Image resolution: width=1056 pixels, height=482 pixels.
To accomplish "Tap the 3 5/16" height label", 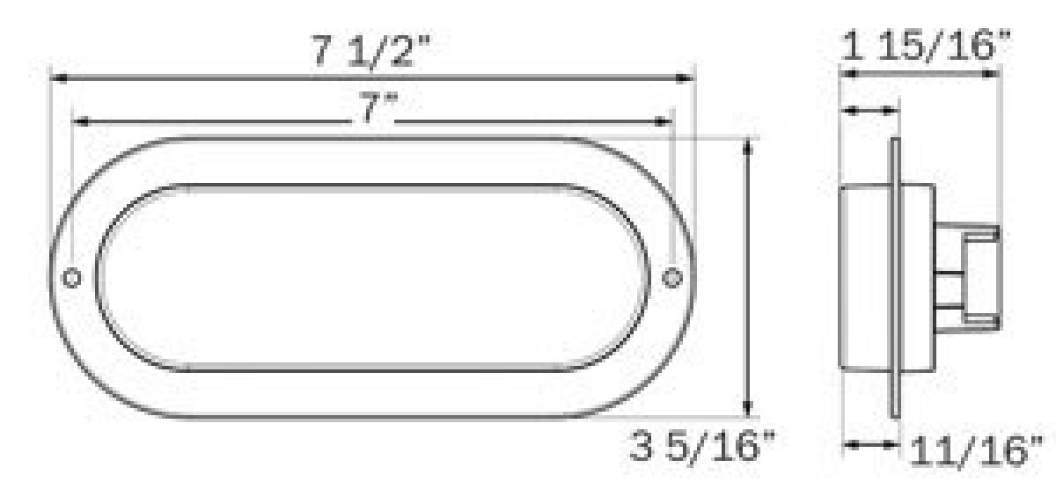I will [704, 448].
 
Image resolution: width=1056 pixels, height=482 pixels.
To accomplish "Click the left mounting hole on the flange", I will [72, 278].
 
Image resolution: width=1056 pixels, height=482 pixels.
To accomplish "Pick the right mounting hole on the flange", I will [672, 278].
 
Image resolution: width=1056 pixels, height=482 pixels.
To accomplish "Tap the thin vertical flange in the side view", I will [895, 278].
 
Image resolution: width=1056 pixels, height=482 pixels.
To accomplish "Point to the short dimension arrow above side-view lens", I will [869, 111].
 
